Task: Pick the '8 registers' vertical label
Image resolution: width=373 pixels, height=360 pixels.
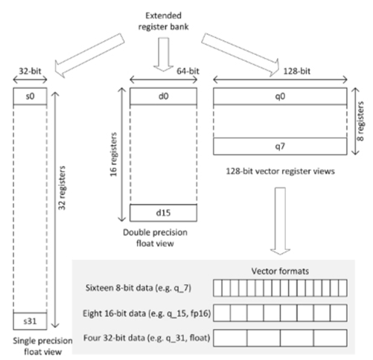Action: click(x=361, y=123)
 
